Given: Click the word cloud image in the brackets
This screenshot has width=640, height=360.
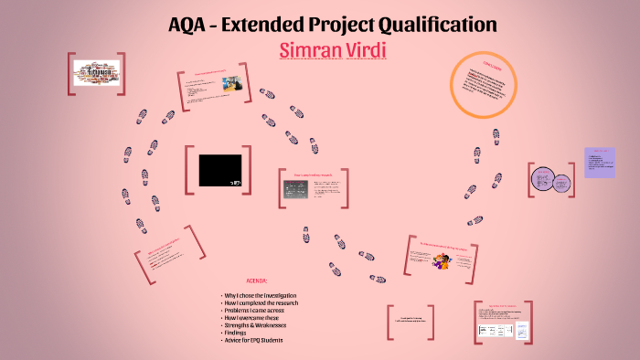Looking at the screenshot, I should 95,73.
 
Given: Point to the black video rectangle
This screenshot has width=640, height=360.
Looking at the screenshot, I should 220,170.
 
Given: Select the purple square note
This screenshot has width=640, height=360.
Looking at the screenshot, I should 600,163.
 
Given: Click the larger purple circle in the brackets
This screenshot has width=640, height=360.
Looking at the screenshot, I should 541,176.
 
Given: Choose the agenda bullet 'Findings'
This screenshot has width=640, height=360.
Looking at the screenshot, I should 240,333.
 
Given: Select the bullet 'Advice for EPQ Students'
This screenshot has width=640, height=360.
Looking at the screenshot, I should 255,340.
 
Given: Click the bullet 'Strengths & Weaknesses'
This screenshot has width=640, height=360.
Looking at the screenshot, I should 256,325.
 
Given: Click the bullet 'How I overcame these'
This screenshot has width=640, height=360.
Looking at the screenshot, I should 251,318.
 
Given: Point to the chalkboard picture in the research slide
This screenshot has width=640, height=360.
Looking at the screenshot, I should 293,188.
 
